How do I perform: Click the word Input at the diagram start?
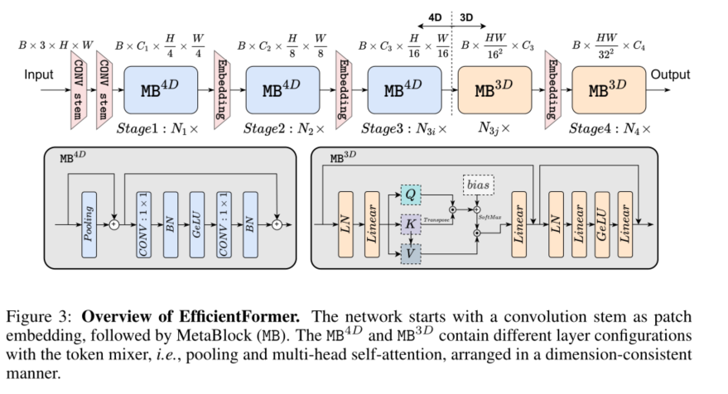coord(39,75)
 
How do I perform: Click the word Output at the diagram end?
coord(670,75)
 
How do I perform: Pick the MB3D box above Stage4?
coord(608,90)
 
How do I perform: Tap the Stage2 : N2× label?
coord(280,129)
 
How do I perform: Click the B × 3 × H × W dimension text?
coord(54,44)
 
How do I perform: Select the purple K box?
coord(410,223)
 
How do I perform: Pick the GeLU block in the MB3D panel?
coord(603,223)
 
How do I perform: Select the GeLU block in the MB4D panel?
coord(196,223)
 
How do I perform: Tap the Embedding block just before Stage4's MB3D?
coord(552,91)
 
